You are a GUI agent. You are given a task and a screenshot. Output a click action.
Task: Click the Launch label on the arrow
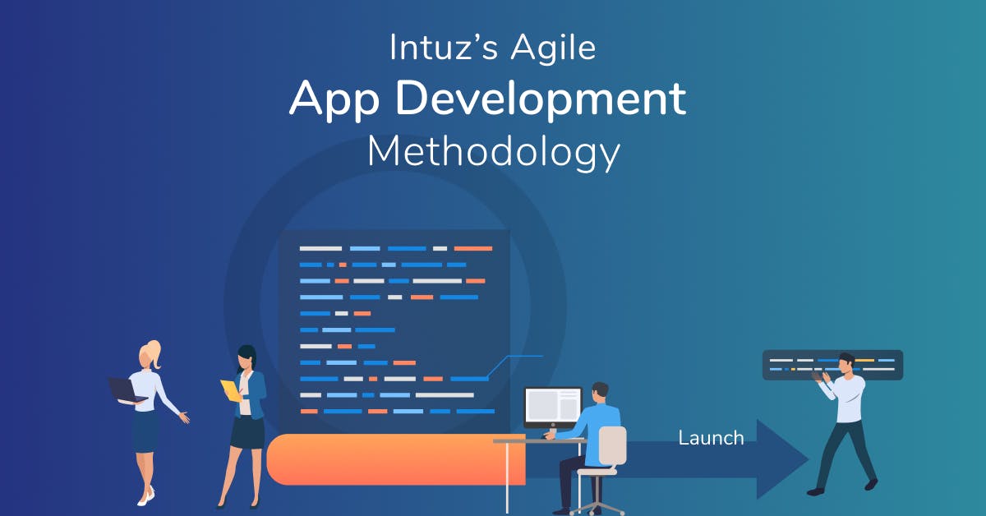711,438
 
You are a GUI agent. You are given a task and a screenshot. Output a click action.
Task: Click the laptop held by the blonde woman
126,389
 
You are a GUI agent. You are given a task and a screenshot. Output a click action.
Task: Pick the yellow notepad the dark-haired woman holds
231,389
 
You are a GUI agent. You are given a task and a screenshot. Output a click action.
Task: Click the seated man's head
600,390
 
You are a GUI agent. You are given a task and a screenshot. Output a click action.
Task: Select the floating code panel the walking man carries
832,365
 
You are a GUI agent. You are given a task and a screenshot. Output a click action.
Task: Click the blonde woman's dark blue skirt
145,431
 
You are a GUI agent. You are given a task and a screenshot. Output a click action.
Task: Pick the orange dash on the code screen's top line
472,248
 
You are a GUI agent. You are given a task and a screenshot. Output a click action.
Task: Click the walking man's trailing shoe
815,491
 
